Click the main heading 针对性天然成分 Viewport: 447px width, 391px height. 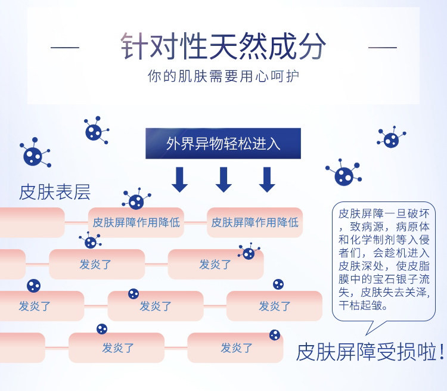tap(223, 46)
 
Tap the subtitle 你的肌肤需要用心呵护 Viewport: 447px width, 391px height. tap(223, 77)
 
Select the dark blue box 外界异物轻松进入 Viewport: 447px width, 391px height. tap(223, 144)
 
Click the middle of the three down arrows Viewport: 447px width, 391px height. tap(223, 179)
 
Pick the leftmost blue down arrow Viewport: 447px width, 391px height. tap(179, 179)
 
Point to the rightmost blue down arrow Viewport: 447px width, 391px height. tap(267, 179)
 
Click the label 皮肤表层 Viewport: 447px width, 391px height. tap(55, 192)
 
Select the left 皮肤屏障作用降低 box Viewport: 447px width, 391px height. tap(136, 222)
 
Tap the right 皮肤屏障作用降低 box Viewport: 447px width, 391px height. tap(254, 222)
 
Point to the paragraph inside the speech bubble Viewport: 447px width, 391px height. tap(383, 259)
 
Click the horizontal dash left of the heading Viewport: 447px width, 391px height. tap(64, 47)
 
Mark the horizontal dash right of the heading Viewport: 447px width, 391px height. tap(382, 47)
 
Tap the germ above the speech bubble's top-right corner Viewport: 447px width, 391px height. tap(391, 139)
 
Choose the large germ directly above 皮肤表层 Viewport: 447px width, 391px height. tap(33, 154)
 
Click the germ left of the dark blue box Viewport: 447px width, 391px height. tap(94, 131)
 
